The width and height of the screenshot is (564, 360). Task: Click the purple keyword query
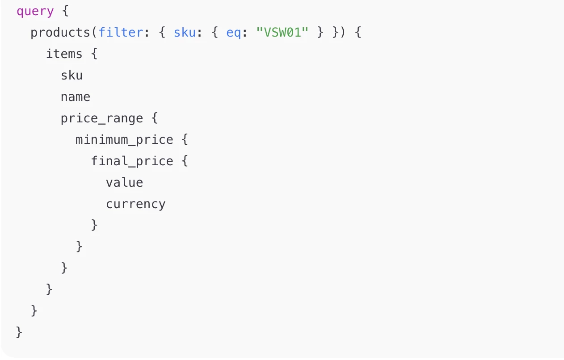[x=35, y=12]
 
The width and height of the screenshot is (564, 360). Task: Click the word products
[x=60, y=33]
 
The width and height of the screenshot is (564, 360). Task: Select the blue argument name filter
[x=121, y=33]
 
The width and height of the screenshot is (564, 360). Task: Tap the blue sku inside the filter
[x=185, y=33]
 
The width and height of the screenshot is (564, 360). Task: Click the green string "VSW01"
[x=282, y=33]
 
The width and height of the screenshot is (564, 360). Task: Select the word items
[x=64, y=54]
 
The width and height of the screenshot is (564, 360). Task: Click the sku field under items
[x=72, y=75]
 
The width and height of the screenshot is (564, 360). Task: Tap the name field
[x=76, y=97]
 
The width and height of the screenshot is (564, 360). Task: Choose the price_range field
[x=102, y=118]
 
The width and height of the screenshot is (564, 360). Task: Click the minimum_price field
[x=124, y=140]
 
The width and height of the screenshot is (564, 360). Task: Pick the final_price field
[x=132, y=161]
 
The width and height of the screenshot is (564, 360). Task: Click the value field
[x=124, y=183]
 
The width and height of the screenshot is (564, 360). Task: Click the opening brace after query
[x=65, y=11]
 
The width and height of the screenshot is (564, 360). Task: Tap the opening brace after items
[x=94, y=54]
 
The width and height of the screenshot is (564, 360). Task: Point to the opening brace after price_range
[x=155, y=118]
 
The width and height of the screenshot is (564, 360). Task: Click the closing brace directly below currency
[x=94, y=225]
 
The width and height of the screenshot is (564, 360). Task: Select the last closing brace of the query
[x=19, y=332]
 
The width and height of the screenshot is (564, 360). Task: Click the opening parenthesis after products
[x=94, y=33]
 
